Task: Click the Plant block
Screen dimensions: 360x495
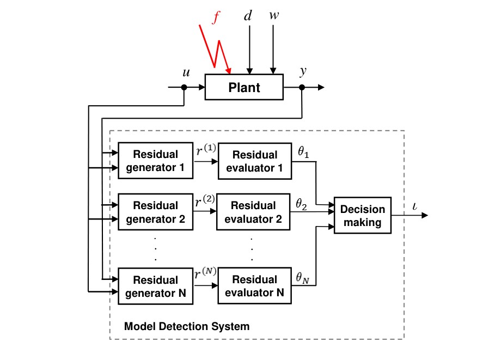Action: [x=244, y=87]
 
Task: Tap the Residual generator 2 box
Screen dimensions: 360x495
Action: [x=155, y=212]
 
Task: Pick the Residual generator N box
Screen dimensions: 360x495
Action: [x=155, y=286]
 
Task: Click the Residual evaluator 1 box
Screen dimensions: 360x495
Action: [x=254, y=161]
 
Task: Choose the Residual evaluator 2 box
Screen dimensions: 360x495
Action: [x=254, y=212]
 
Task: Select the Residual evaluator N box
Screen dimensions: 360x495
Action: [x=254, y=286]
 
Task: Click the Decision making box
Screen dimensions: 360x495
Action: [x=362, y=216]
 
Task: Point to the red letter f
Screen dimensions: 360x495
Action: [x=216, y=18]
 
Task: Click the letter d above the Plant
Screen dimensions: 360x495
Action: [x=248, y=16]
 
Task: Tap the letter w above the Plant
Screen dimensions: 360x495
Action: [x=274, y=15]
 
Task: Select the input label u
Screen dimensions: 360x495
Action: [x=186, y=72]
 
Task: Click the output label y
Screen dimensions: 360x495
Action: [x=303, y=72]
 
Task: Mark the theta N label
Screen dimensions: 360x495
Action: [x=302, y=277]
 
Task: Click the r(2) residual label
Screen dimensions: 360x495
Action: [x=205, y=202]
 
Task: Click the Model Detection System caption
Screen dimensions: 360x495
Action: [x=187, y=327]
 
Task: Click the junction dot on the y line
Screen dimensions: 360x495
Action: [x=302, y=87]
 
